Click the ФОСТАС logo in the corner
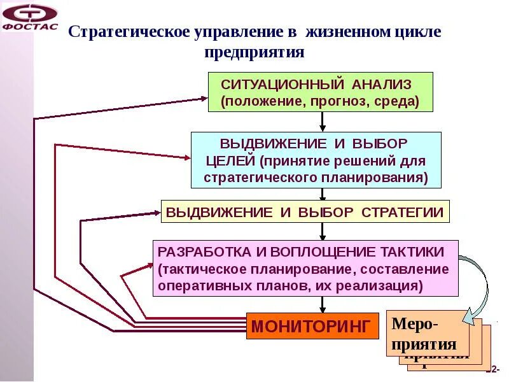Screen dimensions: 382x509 point(30,17)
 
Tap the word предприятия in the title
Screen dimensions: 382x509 point(254,52)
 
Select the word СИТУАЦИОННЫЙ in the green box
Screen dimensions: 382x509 point(282,85)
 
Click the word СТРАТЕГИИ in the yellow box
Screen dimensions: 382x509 point(402,212)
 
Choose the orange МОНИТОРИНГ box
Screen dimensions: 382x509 point(310,327)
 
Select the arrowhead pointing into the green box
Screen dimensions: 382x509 point(203,99)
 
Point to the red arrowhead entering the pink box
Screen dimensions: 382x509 point(148,267)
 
